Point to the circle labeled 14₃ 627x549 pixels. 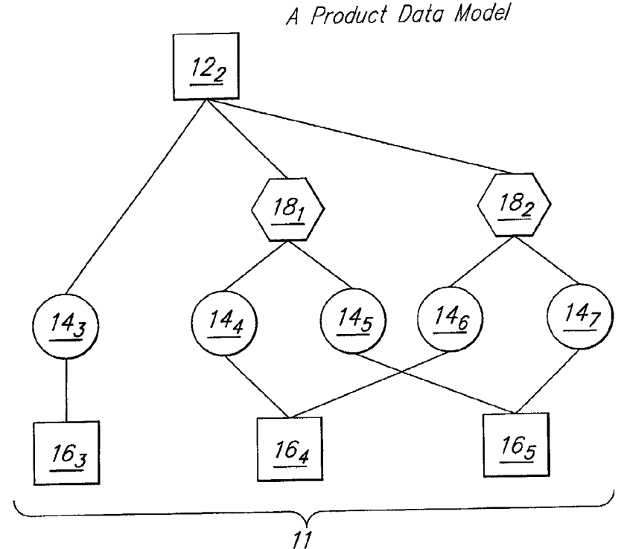click(67, 327)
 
